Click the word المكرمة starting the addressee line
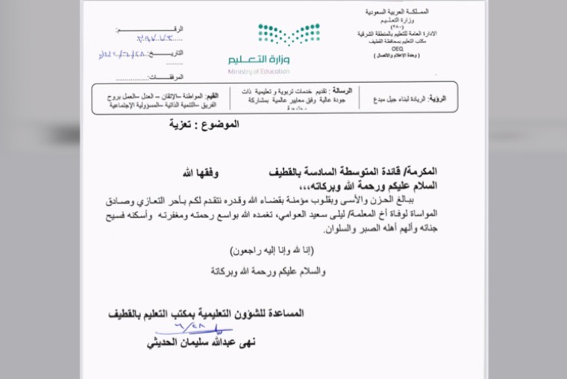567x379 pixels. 421,172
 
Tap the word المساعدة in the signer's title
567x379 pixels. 284,313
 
